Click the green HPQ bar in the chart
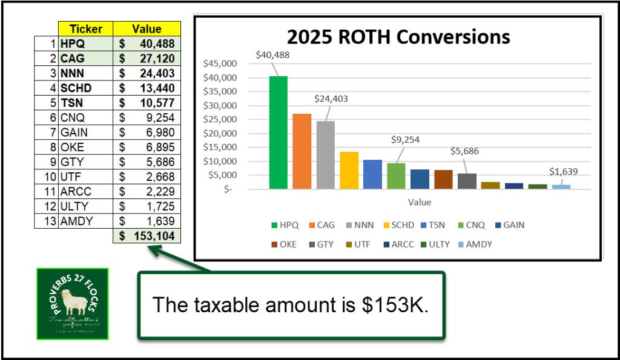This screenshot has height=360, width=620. (279, 133)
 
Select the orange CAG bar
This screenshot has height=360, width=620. (302, 151)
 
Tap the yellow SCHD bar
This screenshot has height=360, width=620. (349, 170)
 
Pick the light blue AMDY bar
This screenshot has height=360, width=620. (561, 186)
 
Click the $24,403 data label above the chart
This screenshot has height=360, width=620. (331, 99)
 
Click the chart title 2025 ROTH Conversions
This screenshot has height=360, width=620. (398, 37)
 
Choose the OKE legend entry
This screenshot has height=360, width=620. (284, 244)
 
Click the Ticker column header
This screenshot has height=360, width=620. (86, 29)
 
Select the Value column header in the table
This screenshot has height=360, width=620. (147, 29)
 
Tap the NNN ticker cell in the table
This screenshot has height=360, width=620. (72, 73)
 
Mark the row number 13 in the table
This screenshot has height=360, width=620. (51, 221)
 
